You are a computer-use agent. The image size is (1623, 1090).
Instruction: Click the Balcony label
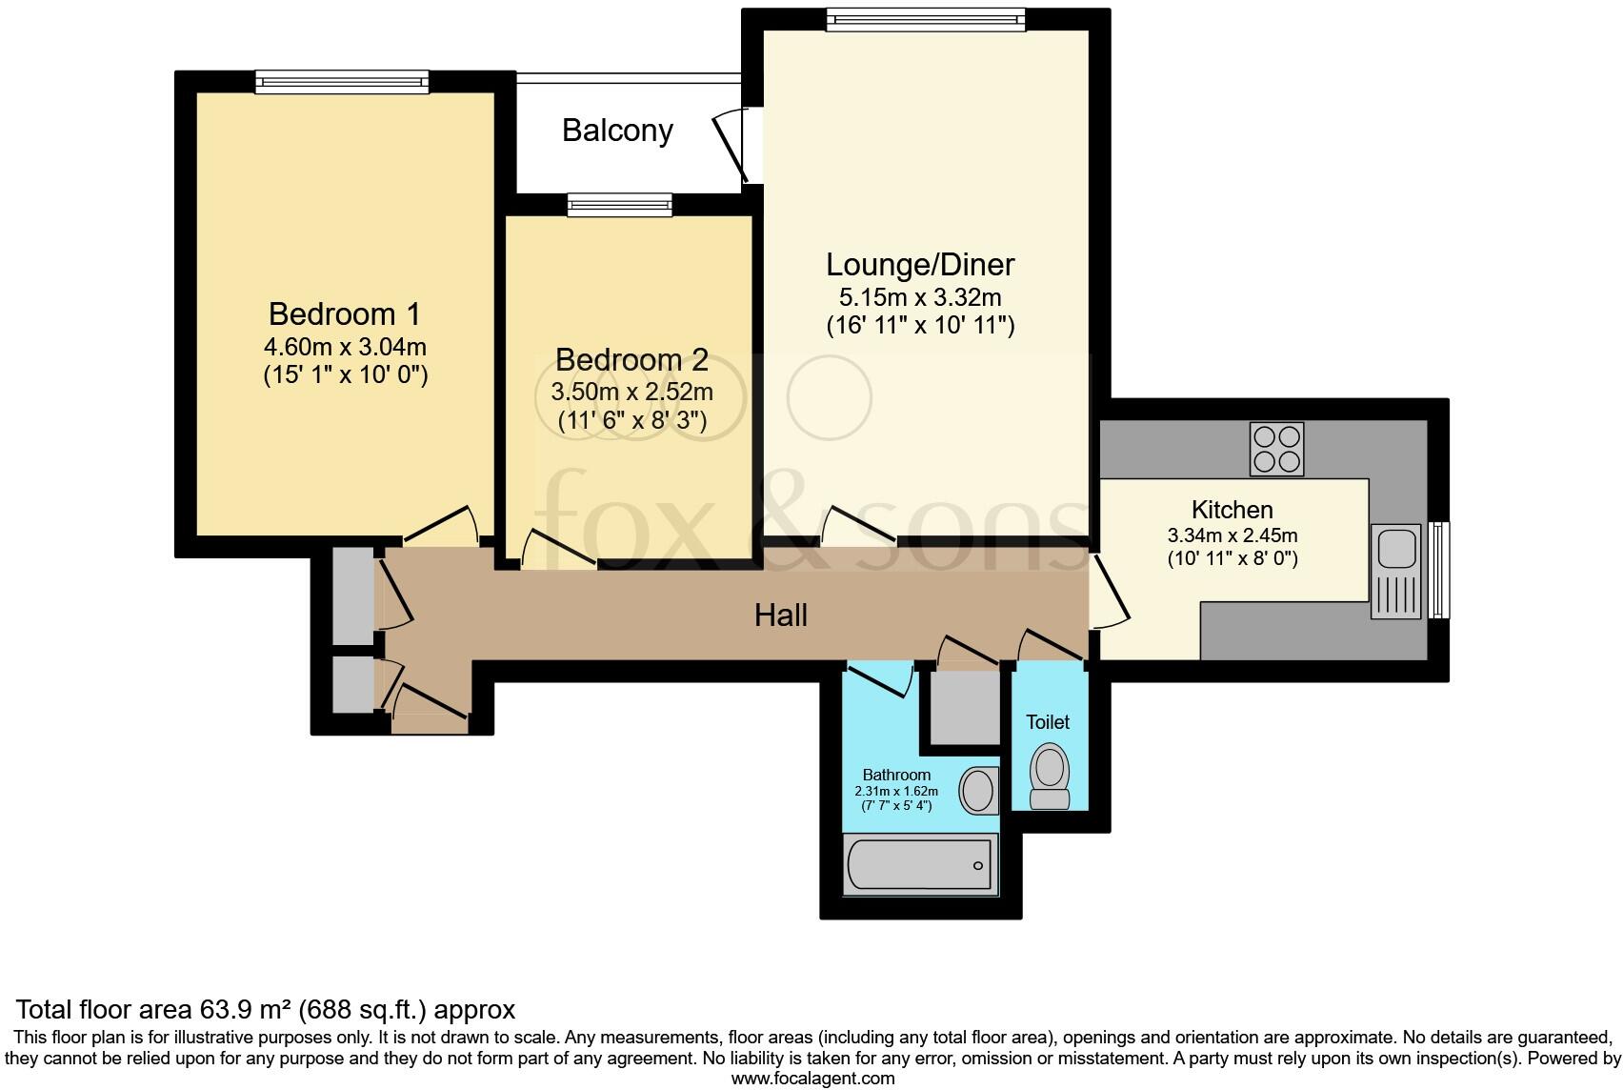[617, 131]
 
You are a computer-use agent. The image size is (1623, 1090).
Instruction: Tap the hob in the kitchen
[1276, 450]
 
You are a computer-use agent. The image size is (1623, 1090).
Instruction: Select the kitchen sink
[1396, 572]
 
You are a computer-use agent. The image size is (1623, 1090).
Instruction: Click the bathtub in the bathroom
[920, 864]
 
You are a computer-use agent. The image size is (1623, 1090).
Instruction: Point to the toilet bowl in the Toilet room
[1050, 777]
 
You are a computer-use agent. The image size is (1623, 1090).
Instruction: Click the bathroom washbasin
[979, 790]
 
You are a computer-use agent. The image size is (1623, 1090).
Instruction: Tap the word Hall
[780, 616]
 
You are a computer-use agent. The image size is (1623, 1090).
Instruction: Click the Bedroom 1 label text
[344, 314]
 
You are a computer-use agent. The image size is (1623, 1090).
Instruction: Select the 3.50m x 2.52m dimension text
[631, 393]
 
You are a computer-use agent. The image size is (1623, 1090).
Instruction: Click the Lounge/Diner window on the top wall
[926, 20]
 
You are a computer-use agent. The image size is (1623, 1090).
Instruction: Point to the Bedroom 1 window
[342, 82]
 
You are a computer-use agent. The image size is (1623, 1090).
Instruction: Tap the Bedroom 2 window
[619, 205]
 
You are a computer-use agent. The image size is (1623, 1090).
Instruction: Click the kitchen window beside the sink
[1439, 570]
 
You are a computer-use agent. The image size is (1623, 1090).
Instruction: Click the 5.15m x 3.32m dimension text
[920, 297]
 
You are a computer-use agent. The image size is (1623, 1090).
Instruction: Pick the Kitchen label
[1232, 510]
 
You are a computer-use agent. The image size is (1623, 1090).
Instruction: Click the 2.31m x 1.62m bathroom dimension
[896, 792]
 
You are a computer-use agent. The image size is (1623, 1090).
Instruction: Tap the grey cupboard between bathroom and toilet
[965, 707]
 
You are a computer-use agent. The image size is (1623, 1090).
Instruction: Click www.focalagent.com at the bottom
[813, 1079]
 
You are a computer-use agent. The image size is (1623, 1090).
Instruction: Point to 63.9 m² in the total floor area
[246, 1010]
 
